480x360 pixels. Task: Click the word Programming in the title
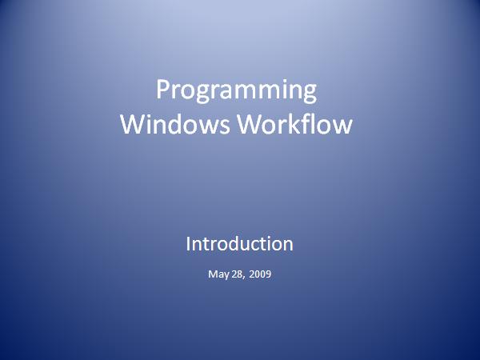(236, 91)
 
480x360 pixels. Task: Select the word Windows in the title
(174, 124)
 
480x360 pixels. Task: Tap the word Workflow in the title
(295, 124)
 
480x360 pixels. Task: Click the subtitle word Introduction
(239, 244)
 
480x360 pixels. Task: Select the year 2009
(260, 274)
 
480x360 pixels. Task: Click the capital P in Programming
(162, 89)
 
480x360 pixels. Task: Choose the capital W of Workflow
(251, 124)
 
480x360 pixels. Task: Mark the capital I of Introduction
(188, 244)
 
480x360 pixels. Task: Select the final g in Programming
(310, 94)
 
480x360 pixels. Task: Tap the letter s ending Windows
(224, 126)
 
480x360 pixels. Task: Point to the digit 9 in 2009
(268, 274)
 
